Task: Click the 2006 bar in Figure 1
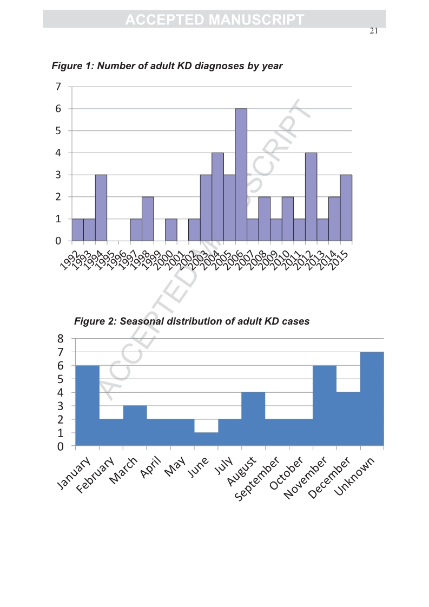pyautogui.click(x=241, y=174)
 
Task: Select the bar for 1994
pyautogui.click(x=101, y=208)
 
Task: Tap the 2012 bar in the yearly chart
pyautogui.click(x=311, y=196)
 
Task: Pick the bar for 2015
pyautogui.click(x=346, y=208)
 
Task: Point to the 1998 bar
pyautogui.click(x=148, y=219)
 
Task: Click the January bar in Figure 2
pyautogui.click(x=87, y=406)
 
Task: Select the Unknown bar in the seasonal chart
pyautogui.click(x=372, y=399)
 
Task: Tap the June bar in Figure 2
pyautogui.click(x=206, y=439)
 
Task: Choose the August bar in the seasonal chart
pyautogui.click(x=253, y=419)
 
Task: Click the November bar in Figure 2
pyautogui.click(x=325, y=406)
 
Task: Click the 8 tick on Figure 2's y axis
pyautogui.click(x=61, y=339)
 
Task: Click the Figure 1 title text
pyautogui.click(x=167, y=66)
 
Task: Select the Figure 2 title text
pyautogui.click(x=192, y=321)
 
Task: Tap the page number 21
pyautogui.click(x=373, y=31)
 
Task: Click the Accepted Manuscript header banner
pyautogui.click(x=214, y=19)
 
